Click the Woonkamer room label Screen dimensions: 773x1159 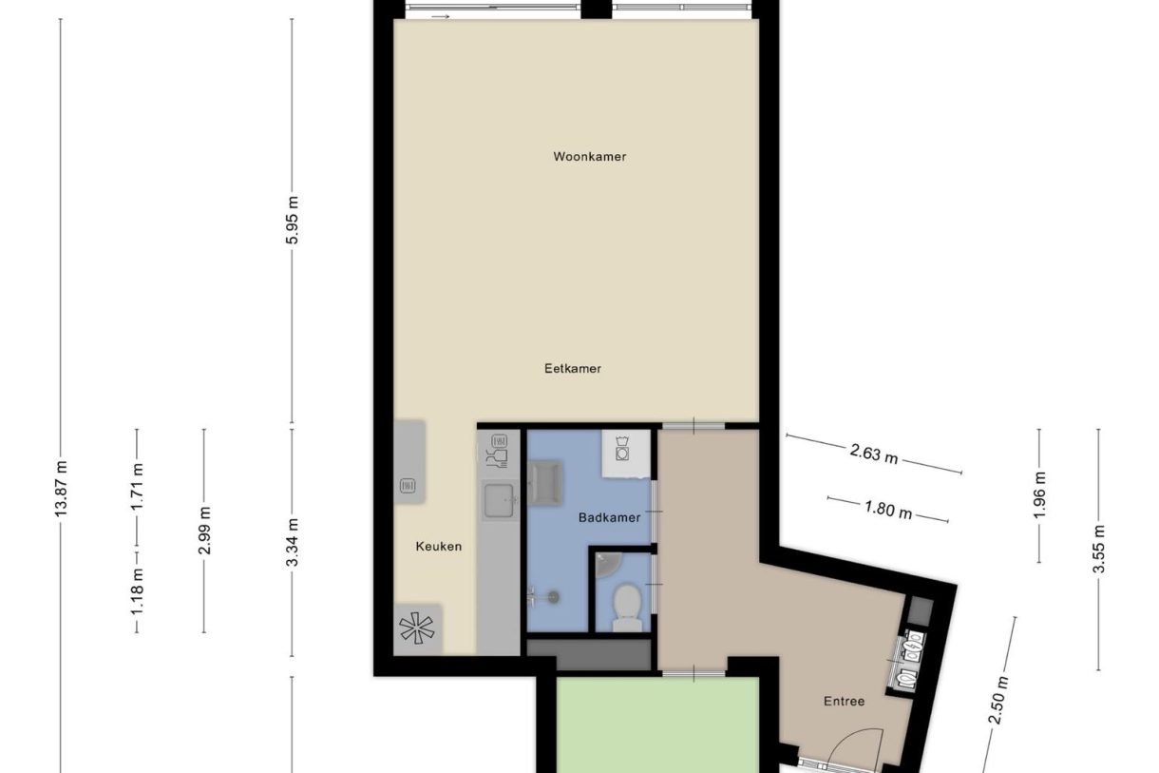pyautogui.click(x=590, y=157)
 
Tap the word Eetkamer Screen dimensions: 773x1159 pyautogui.click(x=573, y=369)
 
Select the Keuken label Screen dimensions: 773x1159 pyautogui.click(x=439, y=547)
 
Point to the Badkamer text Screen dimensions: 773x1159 pyautogui.click(x=610, y=518)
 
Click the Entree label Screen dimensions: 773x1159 pyautogui.click(x=844, y=702)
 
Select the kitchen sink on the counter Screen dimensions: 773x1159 pyautogui.click(x=500, y=499)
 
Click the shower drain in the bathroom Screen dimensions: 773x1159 pyautogui.click(x=553, y=597)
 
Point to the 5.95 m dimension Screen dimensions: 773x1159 pyautogui.click(x=293, y=221)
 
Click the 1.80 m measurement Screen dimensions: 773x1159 pyautogui.click(x=888, y=510)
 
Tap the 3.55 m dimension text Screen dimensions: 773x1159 pyautogui.click(x=1099, y=550)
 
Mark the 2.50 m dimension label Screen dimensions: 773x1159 pyautogui.click(x=998, y=701)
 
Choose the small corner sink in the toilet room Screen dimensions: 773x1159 pyautogui.click(x=606, y=566)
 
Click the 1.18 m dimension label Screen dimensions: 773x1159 pyautogui.click(x=138, y=589)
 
